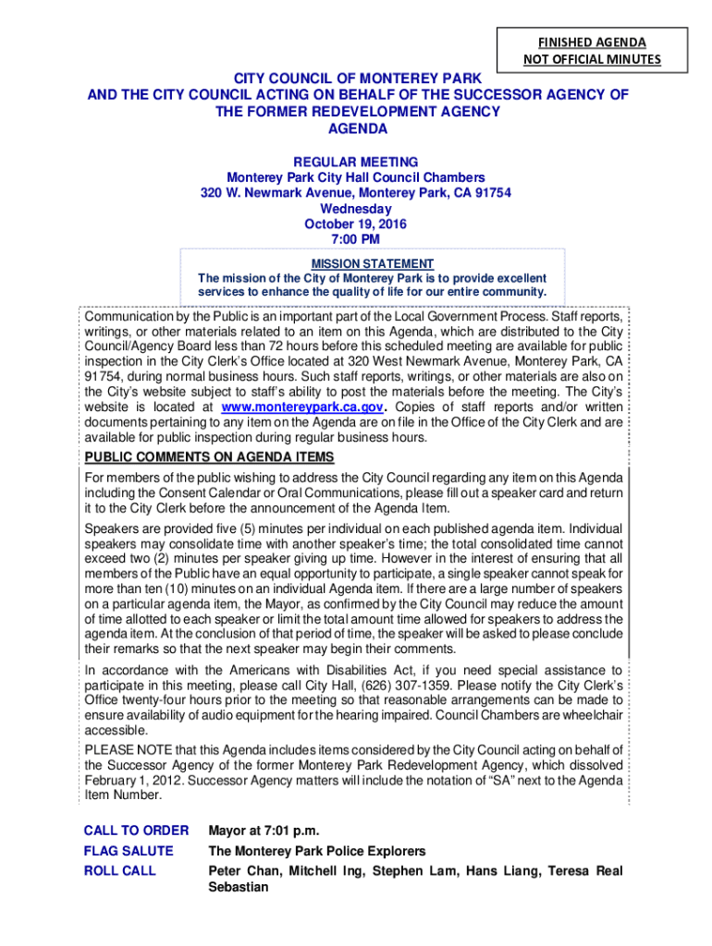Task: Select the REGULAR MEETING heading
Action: [356, 162]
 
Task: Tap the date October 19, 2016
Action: [356, 224]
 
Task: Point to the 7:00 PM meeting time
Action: [356, 240]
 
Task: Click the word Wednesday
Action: [356, 209]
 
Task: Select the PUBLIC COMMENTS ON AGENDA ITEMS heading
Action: [209, 457]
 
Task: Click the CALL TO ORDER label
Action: [136, 831]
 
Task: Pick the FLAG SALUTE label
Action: [129, 851]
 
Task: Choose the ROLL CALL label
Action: [120, 871]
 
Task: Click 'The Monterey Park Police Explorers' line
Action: [317, 851]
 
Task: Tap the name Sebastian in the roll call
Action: [239, 888]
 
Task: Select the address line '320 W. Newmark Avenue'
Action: [356, 193]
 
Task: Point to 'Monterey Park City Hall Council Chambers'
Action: [356, 177]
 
